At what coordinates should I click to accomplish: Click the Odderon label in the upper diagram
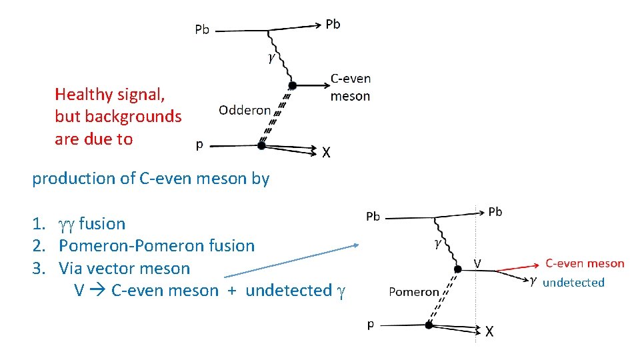coord(245,111)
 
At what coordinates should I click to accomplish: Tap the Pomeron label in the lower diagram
coord(414,291)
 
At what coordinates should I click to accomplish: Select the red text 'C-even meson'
coord(585,264)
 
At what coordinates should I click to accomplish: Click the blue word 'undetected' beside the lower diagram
coord(573,283)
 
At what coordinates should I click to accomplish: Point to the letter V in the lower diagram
coord(477,263)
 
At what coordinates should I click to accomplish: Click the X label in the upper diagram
coord(326,153)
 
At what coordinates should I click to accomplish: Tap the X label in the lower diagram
coord(489,331)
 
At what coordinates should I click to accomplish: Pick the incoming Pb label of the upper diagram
coord(202,29)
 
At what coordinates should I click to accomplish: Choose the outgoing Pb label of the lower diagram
coord(495,212)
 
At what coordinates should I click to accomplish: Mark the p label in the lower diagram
coord(371,323)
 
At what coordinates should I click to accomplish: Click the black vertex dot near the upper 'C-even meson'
coord(291,85)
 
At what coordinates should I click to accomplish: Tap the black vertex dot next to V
coord(457,269)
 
